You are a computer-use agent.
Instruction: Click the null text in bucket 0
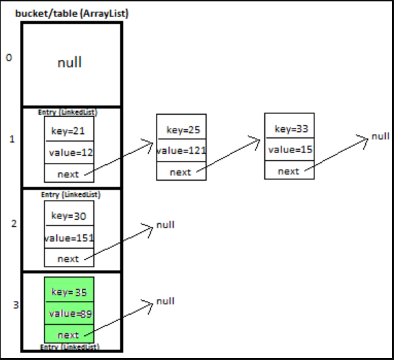[x=69, y=63]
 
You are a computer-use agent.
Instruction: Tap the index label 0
[x=9, y=58]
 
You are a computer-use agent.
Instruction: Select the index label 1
[x=11, y=139]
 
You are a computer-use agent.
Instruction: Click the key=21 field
[x=69, y=131]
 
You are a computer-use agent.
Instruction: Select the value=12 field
[x=69, y=153]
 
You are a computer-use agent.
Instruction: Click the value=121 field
[x=181, y=150]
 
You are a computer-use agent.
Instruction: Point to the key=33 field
[x=290, y=128]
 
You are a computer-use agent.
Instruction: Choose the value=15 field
[x=290, y=149]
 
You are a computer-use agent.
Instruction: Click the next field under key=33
[x=289, y=171]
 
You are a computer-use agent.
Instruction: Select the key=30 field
[x=69, y=216]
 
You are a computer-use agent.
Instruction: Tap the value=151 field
[x=69, y=238]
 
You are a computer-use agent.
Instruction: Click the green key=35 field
[x=69, y=291]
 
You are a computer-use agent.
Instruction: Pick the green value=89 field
[x=69, y=313]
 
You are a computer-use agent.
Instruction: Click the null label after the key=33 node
[x=380, y=136]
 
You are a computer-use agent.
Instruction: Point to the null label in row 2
[x=165, y=225]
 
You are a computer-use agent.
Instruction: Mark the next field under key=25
[x=181, y=172]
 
